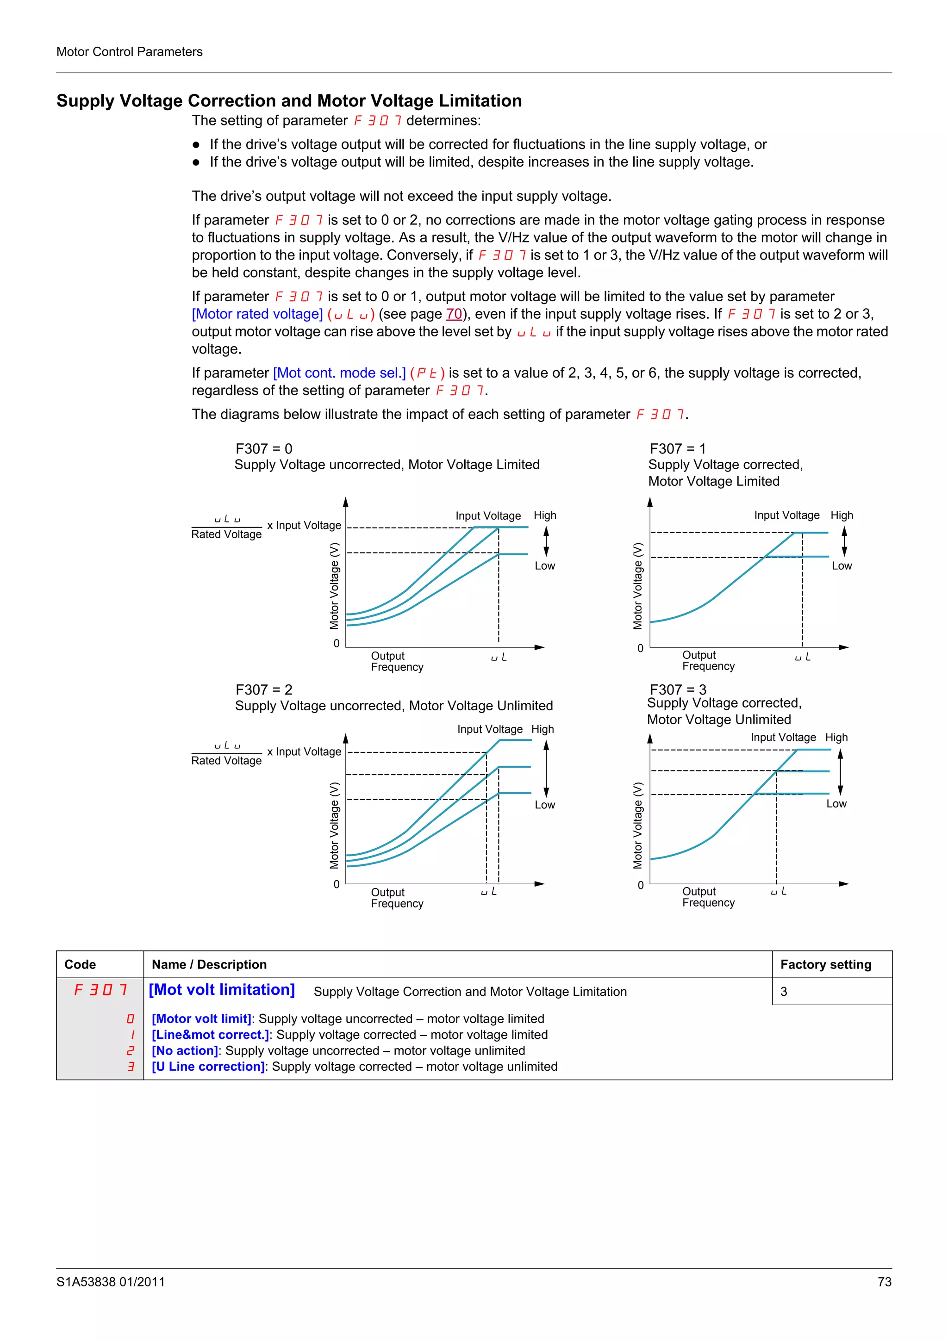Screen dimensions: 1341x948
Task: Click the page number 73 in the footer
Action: pos(884,1281)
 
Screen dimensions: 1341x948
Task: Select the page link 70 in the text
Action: pos(454,314)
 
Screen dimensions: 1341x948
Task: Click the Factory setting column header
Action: pos(825,964)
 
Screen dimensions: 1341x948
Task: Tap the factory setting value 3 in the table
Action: pos(783,992)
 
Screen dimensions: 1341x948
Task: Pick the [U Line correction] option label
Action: pos(208,1067)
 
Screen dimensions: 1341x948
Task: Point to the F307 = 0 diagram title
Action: pos(263,448)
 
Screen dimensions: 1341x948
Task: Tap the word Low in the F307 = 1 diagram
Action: pos(841,565)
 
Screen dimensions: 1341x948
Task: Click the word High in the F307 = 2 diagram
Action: pos(542,729)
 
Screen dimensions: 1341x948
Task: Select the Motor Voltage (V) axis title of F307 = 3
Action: pos(638,825)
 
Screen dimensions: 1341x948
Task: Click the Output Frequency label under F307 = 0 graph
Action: pos(396,661)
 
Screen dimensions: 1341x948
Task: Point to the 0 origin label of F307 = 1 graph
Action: pos(640,648)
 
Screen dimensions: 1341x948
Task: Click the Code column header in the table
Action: pos(80,964)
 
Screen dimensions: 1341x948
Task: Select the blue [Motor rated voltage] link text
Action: pos(257,314)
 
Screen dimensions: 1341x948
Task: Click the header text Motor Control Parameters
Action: pos(129,51)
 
